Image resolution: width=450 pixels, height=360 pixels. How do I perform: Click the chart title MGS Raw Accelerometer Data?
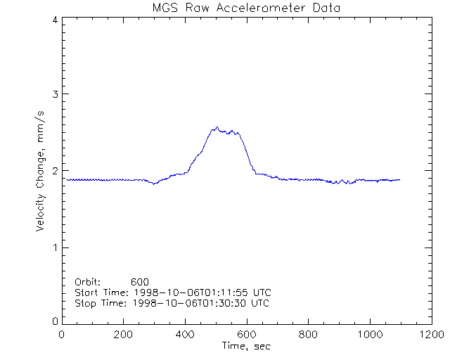pyautogui.click(x=245, y=8)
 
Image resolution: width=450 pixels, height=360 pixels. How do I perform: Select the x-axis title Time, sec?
pyautogui.click(x=245, y=346)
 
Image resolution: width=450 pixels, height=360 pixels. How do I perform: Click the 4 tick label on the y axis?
pyautogui.click(x=54, y=20)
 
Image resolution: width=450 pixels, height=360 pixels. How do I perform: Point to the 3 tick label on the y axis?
pyautogui.click(x=54, y=95)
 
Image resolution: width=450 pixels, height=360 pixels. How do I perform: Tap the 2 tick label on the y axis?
pyautogui.click(x=54, y=171)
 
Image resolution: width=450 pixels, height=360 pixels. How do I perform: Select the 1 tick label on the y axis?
pyautogui.click(x=54, y=247)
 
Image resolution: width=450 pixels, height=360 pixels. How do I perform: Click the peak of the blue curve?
pyautogui.click(x=217, y=127)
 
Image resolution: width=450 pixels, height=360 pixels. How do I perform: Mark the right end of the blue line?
pyautogui.click(x=399, y=180)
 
